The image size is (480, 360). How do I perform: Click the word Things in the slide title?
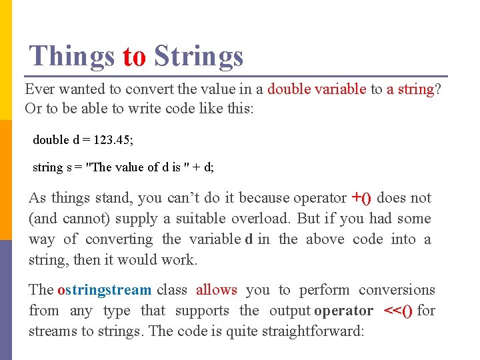[x=72, y=56]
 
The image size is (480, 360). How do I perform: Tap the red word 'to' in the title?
[x=134, y=57]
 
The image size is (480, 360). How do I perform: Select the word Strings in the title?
[x=199, y=57]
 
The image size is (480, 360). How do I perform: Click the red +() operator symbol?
[x=361, y=197]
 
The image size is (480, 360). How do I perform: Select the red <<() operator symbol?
[x=399, y=311]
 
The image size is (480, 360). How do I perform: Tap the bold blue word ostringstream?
[x=105, y=290]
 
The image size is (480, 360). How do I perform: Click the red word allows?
[x=216, y=290]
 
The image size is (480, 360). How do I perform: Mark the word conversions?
[x=397, y=290]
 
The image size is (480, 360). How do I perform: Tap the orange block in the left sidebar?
[x=6, y=180]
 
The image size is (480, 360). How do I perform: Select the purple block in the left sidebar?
[x=6, y=300]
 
